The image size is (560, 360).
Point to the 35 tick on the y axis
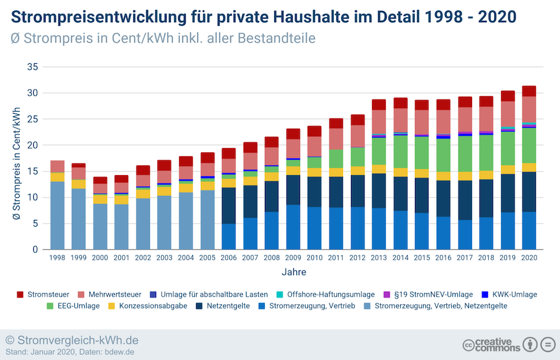coord(33,67)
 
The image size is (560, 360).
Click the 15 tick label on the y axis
coord(33,171)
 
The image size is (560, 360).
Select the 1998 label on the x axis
coord(57,259)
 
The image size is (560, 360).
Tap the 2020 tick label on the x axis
coord(529,259)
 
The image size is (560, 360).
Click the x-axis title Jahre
coord(293,272)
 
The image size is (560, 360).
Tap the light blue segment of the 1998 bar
coord(57,215)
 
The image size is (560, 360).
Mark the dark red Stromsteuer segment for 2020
coord(529,91)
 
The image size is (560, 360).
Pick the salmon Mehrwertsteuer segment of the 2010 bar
coord(315,146)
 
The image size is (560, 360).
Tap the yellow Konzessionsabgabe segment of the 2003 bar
coord(164,190)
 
